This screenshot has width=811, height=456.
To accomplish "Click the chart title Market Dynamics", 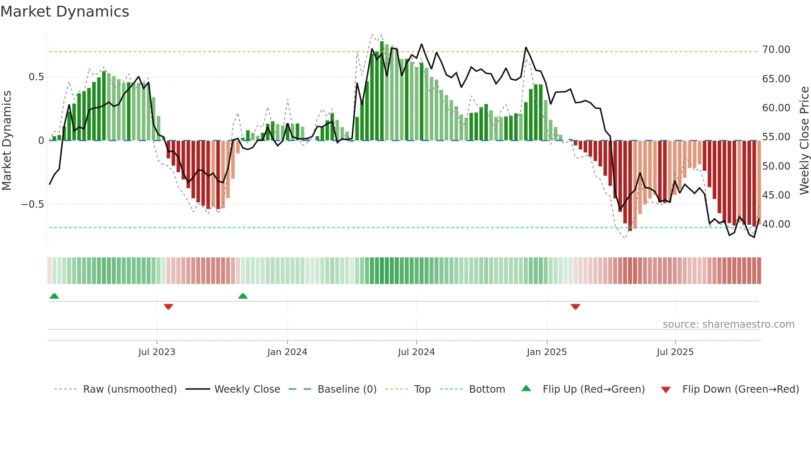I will click(65, 12).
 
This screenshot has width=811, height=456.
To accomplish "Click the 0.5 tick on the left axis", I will click(36, 77).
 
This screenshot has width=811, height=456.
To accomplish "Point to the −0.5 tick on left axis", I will click(32, 204).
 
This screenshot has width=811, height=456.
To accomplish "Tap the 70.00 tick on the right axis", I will click(776, 50).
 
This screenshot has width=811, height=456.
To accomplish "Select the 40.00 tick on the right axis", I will click(776, 224).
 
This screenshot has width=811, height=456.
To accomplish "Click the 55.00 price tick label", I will click(776, 137).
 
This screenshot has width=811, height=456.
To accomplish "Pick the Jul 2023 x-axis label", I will click(157, 352).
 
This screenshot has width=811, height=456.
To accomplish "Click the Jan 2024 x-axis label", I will click(287, 352).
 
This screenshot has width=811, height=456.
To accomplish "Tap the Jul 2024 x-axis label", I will click(416, 352).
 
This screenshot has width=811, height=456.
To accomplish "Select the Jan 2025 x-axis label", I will click(547, 352).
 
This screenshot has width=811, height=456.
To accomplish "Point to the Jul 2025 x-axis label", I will click(675, 352).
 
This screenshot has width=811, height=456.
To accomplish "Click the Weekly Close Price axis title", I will click(804, 141).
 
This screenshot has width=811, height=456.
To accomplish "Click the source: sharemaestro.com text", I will click(728, 324).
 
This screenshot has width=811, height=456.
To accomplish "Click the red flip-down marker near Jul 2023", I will click(168, 307).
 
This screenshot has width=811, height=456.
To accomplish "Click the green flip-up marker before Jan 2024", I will click(243, 296).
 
